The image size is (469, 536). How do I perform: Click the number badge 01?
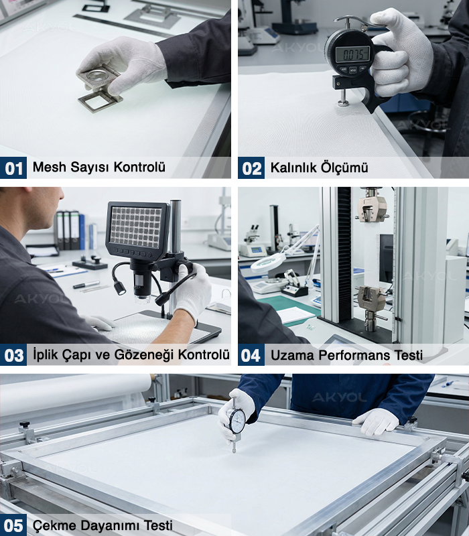pyautogui.click(x=13, y=168)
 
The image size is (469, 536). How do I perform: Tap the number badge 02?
pyautogui.click(x=251, y=168)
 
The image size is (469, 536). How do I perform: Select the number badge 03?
pyautogui.click(x=13, y=355)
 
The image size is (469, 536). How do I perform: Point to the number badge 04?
pyautogui.click(x=251, y=355)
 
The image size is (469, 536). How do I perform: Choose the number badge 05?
pyautogui.click(x=13, y=525)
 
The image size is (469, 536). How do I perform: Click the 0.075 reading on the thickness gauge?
pyautogui.click(x=352, y=54)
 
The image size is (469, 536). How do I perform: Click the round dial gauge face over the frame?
pyautogui.click(x=237, y=421)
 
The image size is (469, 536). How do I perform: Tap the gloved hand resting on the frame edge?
pyautogui.click(x=376, y=422)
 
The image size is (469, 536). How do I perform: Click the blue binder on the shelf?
pyautogui.click(x=82, y=231)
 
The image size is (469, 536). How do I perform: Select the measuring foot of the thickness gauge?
pyautogui.click(x=343, y=103)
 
